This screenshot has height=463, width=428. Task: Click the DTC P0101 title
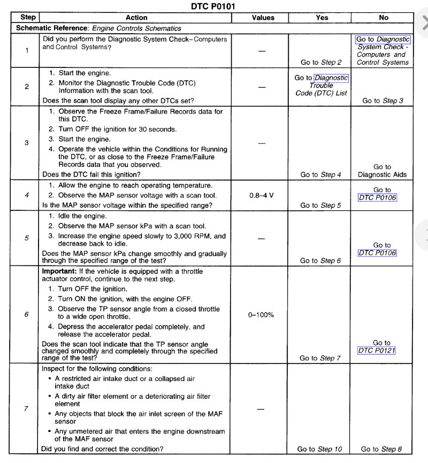(213, 6)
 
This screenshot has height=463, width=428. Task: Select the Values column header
(263, 18)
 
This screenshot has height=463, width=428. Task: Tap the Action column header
(136, 18)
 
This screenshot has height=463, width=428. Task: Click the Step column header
(27, 18)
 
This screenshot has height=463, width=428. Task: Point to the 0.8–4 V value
(262, 195)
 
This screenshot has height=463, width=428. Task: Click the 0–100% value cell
(261, 315)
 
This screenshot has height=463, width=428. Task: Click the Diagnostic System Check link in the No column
(382, 43)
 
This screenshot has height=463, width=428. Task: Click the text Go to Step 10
(319, 449)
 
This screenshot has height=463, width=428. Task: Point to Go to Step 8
(381, 449)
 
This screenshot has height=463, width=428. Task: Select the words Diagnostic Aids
(382, 174)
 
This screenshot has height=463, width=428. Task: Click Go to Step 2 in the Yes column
(321, 63)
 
